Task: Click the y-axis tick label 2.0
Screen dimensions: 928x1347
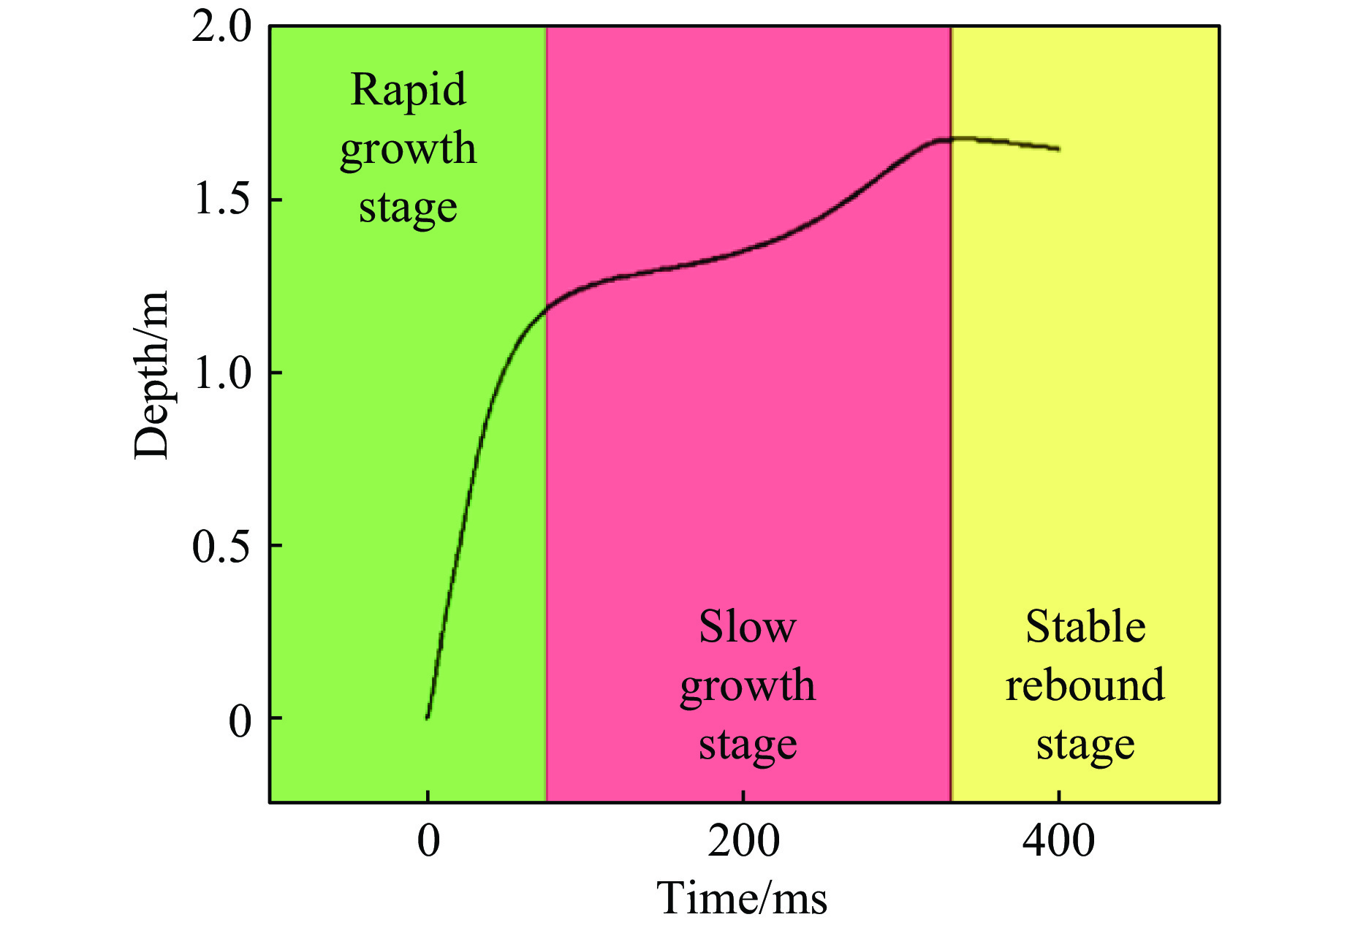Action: pos(221,29)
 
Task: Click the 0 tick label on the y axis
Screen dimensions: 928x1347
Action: pos(240,720)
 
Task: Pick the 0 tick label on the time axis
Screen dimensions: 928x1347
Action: pos(428,841)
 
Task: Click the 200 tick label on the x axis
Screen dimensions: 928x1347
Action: pos(743,841)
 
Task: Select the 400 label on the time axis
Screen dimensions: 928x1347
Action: pos(1058,841)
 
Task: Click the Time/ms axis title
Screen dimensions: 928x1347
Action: pos(742,898)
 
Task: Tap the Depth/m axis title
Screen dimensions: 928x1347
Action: pos(151,375)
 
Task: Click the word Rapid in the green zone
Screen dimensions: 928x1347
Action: pos(408,91)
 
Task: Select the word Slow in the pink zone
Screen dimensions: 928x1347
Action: pos(747,627)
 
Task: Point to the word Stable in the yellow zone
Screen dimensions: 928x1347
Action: pos(1085,627)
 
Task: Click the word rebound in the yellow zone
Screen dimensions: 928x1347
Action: pos(1085,685)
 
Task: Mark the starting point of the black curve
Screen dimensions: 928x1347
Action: pos(428,718)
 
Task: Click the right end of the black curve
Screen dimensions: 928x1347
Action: pos(1058,149)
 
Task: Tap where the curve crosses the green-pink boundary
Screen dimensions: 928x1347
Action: pos(547,308)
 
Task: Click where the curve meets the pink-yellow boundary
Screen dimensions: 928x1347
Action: pos(951,139)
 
